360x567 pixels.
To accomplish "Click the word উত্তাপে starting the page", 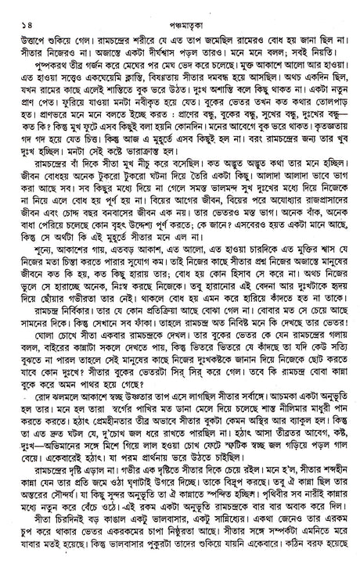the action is [x=25, y=25].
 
